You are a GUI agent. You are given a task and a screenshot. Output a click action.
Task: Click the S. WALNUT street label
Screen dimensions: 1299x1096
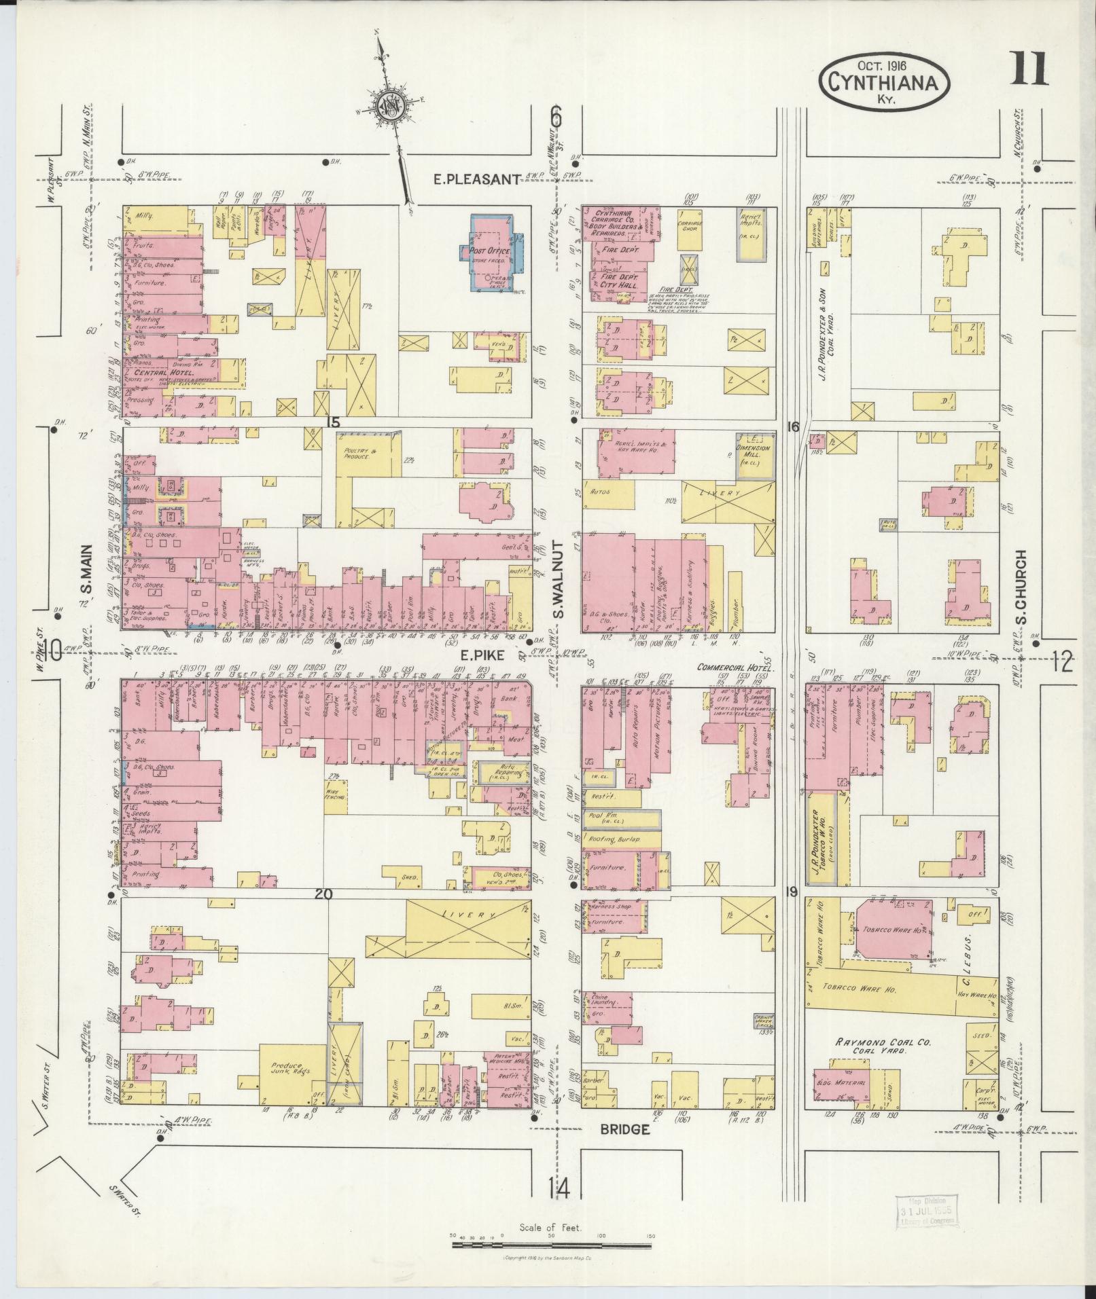pos(559,579)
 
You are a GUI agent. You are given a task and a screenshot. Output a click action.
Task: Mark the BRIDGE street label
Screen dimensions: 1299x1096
pos(625,1129)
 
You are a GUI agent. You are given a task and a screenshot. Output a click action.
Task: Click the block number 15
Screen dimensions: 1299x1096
pos(332,422)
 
